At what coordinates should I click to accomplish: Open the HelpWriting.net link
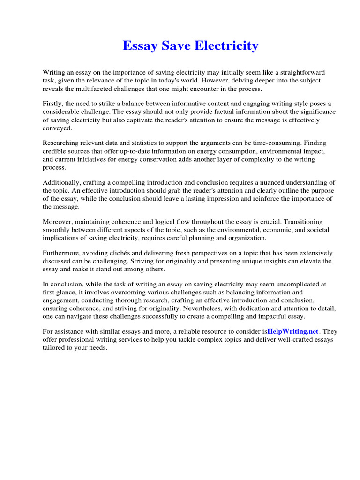(x=292, y=331)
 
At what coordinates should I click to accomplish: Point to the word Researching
(x=62, y=143)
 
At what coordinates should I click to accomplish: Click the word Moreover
(x=58, y=222)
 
